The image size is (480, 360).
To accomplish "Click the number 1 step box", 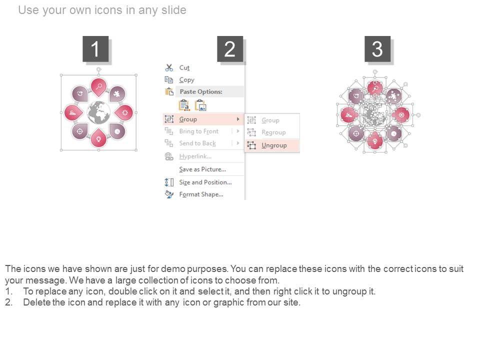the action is click(x=95, y=49).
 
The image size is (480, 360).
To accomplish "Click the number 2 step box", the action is click(x=230, y=49).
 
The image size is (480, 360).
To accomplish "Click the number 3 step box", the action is click(x=377, y=49).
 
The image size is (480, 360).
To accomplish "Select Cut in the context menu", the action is click(x=184, y=67).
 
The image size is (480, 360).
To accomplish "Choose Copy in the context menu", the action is click(x=186, y=80).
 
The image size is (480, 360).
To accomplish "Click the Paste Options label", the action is click(x=201, y=91).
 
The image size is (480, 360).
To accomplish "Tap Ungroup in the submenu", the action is click(x=274, y=145).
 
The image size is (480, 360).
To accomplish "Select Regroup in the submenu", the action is click(x=273, y=132).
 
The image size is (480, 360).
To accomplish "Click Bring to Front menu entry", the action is click(x=198, y=131).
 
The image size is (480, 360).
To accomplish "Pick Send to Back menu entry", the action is click(x=197, y=143).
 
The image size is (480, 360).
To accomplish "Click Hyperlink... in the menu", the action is click(x=195, y=156).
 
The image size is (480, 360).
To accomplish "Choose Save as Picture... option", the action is click(x=202, y=169).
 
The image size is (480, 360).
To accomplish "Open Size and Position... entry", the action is click(x=205, y=182).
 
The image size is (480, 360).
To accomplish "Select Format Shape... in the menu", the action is click(x=201, y=194).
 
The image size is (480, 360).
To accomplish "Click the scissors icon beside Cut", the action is click(x=169, y=67).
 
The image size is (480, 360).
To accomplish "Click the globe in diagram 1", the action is click(x=98, y=112).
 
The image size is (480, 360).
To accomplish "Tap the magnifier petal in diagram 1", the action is click(x=98, y=87).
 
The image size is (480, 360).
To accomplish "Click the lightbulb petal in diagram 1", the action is click(x=98, y=138).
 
